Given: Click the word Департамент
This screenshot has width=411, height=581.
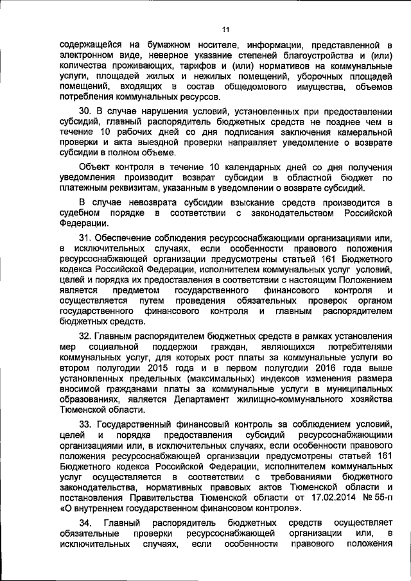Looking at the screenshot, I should (207, 399).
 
